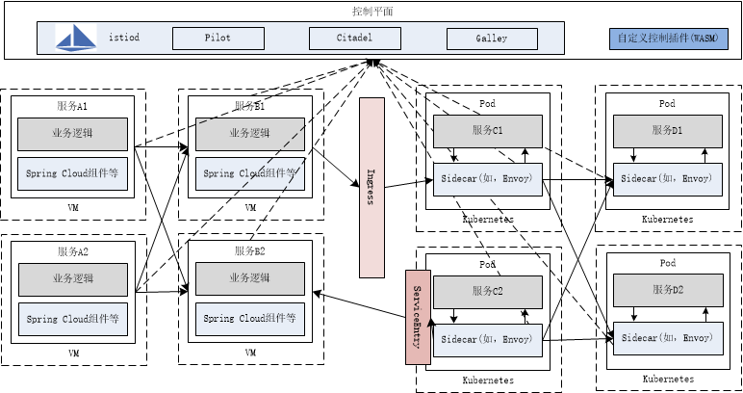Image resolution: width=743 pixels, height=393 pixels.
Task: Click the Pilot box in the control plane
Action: pos(217,39)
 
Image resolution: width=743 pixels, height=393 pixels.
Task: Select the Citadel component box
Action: pos(353,39)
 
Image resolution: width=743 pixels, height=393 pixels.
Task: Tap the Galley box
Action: pos(491,39)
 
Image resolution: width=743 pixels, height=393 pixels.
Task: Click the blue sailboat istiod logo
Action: pos(77,39)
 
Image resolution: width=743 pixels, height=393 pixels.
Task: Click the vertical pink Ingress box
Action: pos(371,185)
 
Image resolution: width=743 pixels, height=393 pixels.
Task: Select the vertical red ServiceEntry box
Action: pos(417,317)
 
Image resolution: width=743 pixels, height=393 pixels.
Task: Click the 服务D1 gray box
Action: pos(667,130)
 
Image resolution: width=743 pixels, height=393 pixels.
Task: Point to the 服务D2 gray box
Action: pos(667,290)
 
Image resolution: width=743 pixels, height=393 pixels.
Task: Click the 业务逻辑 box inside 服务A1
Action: pos(72,132)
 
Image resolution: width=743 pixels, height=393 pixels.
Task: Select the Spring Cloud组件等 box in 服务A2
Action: pos(72,318)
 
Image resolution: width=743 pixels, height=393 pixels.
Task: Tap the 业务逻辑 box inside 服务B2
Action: pos(249,278)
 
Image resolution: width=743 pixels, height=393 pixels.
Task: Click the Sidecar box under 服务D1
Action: pos(667,179)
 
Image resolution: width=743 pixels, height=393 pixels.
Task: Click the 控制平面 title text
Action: pos(371,12)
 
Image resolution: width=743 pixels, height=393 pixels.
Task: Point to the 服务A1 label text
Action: pos(72,104)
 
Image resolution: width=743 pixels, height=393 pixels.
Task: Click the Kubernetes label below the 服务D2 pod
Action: pos(667,380)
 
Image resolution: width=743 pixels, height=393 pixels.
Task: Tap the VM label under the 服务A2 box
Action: pos(72,354)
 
